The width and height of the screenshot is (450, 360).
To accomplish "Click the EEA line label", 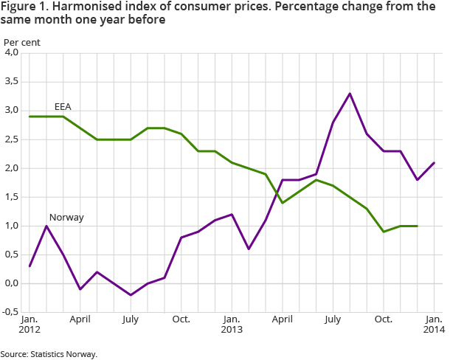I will click(x=63, y=107).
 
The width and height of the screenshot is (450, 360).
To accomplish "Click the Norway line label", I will click(x=66, y=218).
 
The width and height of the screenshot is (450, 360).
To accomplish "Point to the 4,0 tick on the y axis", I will click(x=12, y=53).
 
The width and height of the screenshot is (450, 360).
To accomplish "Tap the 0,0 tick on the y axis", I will click(x=12, y=283).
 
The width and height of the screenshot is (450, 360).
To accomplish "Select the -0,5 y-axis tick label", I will click(x=11, y=312).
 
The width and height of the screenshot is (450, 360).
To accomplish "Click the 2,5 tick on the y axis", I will click(x=12, y=139).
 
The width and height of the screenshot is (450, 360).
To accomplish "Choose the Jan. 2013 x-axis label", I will click(x=231, y=325).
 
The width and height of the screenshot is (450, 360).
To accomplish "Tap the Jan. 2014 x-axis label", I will click(x=433, y=325).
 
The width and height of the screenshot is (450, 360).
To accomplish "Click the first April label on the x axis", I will click(x=79, y=319).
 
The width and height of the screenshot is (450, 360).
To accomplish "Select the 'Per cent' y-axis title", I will click(x=22, y=42).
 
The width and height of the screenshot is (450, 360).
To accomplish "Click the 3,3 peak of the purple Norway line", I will click(x=350, y=94).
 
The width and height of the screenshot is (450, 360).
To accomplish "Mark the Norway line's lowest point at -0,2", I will click(x=131, y=295).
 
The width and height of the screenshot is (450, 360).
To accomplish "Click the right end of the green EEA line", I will click(x=417, y=226).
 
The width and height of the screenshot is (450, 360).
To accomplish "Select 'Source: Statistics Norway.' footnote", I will click(x=49, y=353).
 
